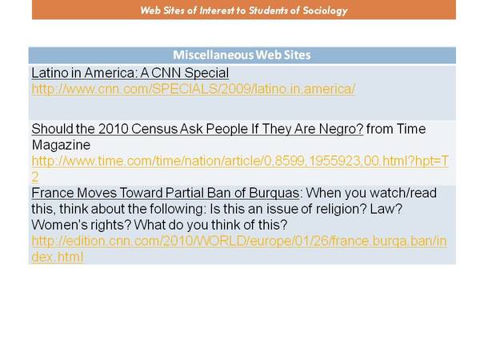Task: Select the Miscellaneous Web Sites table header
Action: click(242, 55)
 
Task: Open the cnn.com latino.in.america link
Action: click(193, 89)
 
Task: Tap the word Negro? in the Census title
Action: click(341, 129)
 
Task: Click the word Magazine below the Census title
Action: click(61, 145)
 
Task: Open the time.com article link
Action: click(240, 161)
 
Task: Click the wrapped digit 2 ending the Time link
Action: click(35, 177)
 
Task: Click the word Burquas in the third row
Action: click(274, 193)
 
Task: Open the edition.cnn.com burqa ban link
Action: click(239, 241)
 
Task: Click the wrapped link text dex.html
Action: click(58, 257)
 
